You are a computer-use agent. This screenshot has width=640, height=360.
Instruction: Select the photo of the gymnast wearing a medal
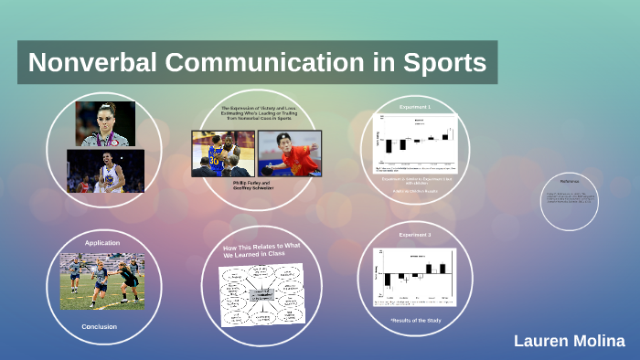click(105, 123)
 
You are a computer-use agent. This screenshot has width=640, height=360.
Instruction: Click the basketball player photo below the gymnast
click(105, 171)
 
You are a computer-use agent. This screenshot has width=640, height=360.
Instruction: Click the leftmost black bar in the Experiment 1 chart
click(389, 144)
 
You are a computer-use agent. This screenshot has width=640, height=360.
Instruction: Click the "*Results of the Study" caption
click(416, 321)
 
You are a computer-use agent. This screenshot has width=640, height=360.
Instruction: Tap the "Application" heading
click(102, 243)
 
